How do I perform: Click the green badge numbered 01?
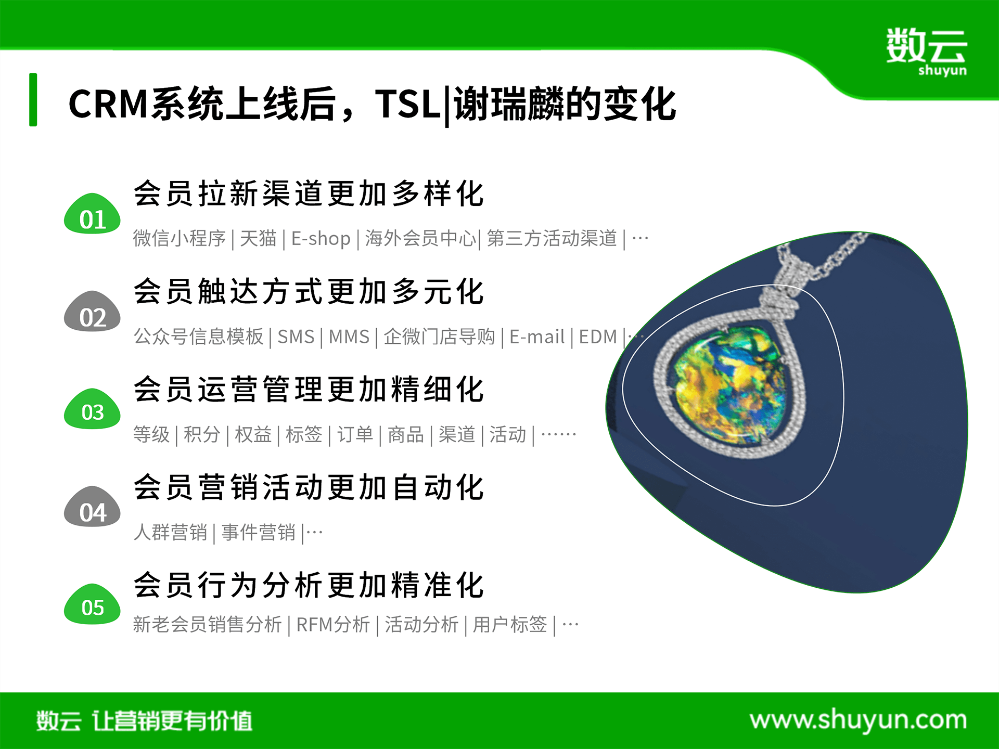coord(92,214)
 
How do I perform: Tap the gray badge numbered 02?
coord(92,312)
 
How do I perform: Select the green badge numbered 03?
coord(92,409)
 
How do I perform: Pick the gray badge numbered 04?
coord(92,507)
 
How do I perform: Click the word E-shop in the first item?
coord(321,239)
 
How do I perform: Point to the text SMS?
coord(296,337)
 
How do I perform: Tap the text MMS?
coord(349,337)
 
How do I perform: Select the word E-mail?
coord(536,337)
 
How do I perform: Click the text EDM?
coord(598,337)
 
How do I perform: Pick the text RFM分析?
coord(333,624)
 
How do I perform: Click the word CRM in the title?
coord(109,104)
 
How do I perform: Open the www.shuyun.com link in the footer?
coord(858,720)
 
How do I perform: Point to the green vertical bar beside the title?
coord(33,99)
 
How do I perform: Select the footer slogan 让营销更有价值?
coord(172,721)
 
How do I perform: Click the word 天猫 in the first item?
coord(258,239)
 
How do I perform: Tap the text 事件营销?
coord(258,532)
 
